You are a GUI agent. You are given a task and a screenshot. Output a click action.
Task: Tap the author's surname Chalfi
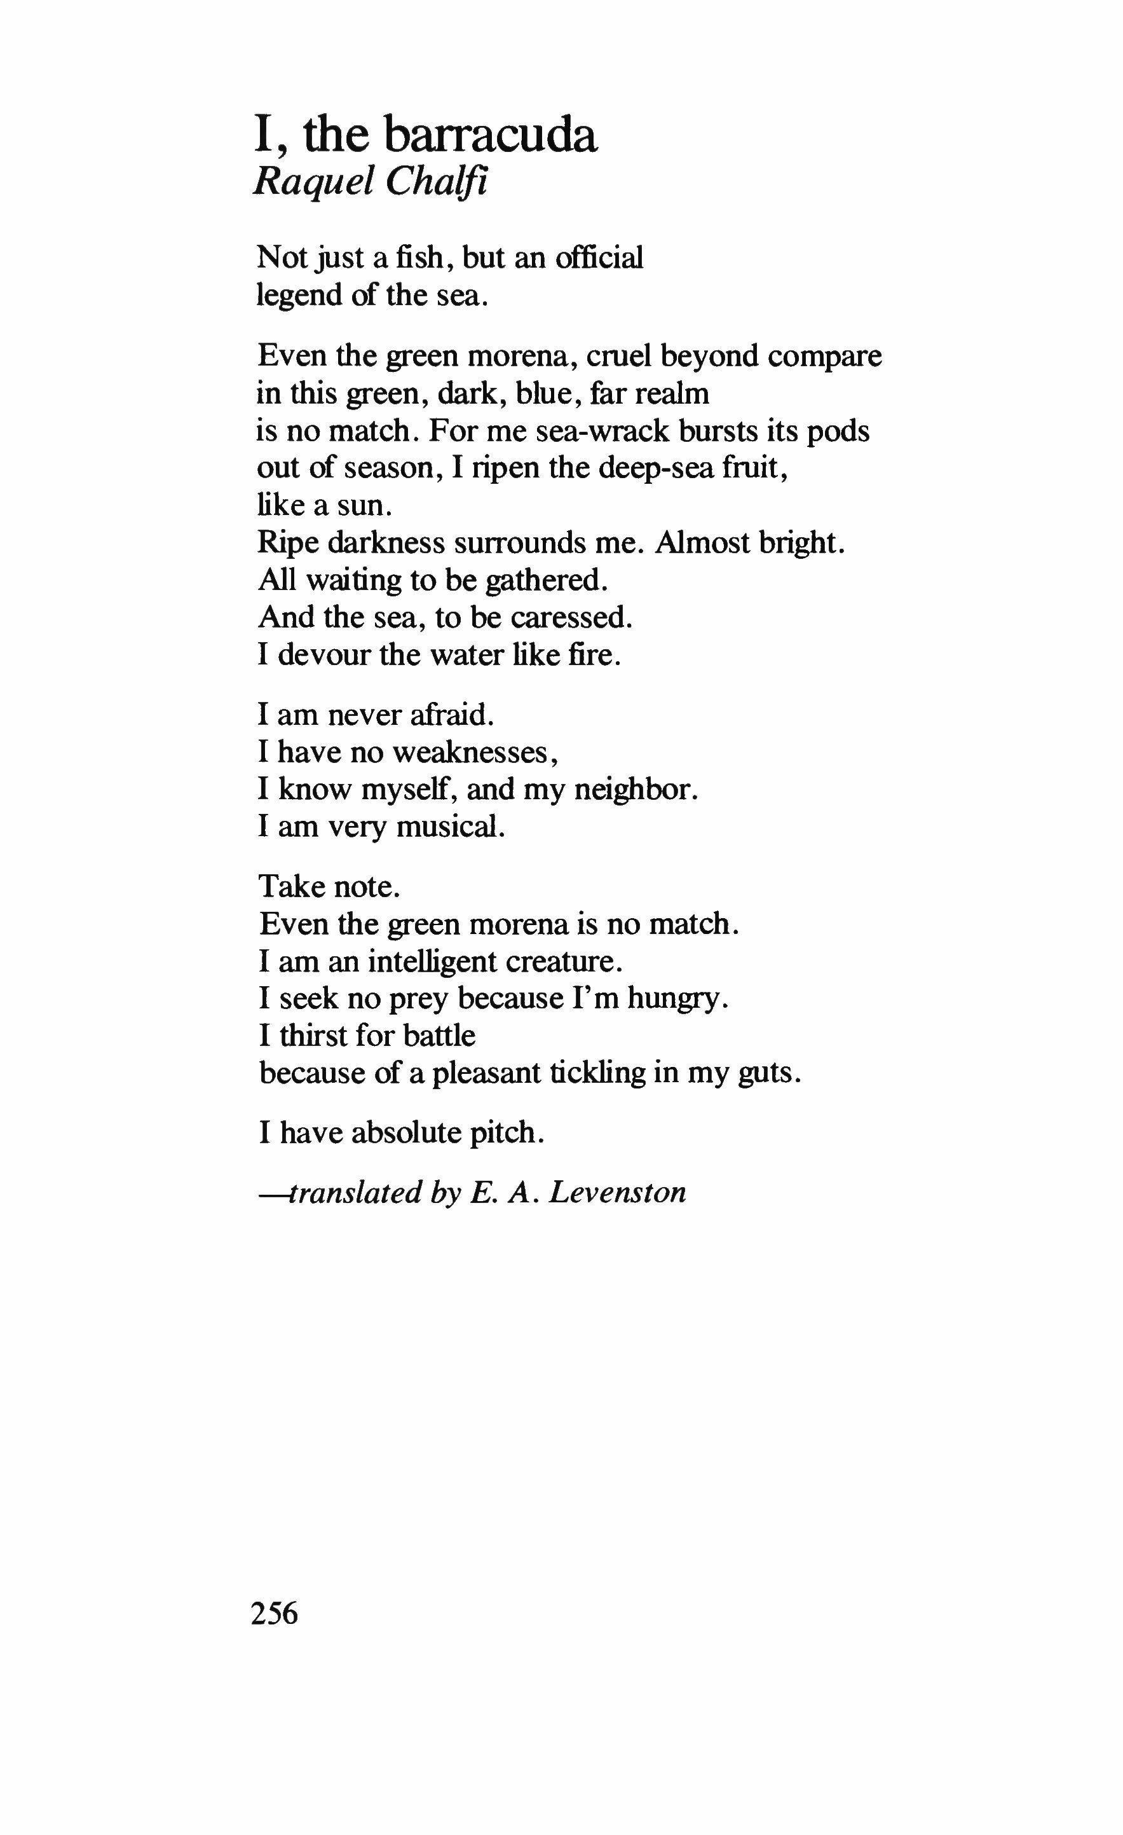click(x=436, y=181)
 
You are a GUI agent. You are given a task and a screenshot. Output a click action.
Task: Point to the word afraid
click(x=451, y=714)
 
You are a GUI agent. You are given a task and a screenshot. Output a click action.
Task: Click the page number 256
click(x=275, y=1613)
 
